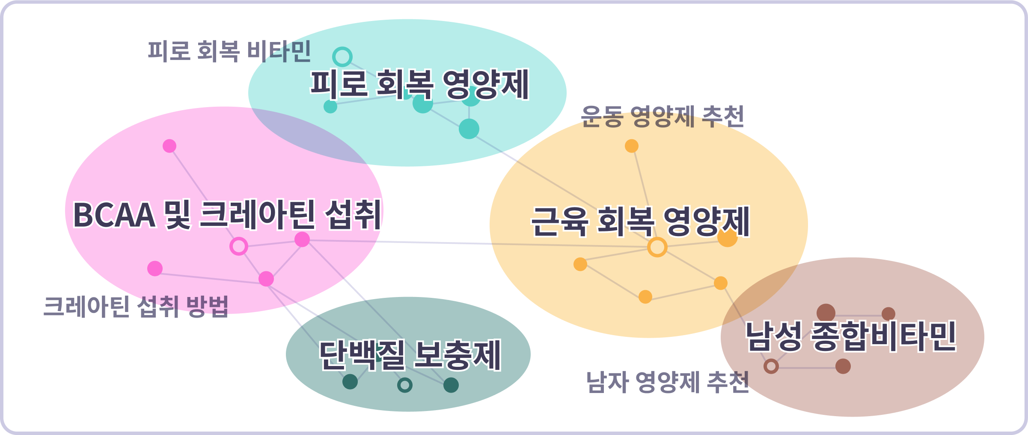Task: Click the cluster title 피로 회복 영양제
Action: tap(419, 84)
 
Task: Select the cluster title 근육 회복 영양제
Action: tap(640, 222)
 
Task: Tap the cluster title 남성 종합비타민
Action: tap(851, 336)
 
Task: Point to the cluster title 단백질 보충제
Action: tap(410, 355)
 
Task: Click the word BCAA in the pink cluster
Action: tap(114, 215)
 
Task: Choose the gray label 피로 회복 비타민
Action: tap(229, 51)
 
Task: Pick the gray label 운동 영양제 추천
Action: tap(663, 117)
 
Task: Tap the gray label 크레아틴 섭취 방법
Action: tap(136, 306)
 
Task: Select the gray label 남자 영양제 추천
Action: tap(668, 382)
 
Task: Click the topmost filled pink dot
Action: tap(169, 146)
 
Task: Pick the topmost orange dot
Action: tap(632, 146)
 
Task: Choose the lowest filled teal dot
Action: tap(469, 129)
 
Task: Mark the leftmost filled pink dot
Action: tap(155, 269)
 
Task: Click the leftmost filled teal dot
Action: tap(330, 107)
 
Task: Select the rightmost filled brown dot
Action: tap(888, 314)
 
